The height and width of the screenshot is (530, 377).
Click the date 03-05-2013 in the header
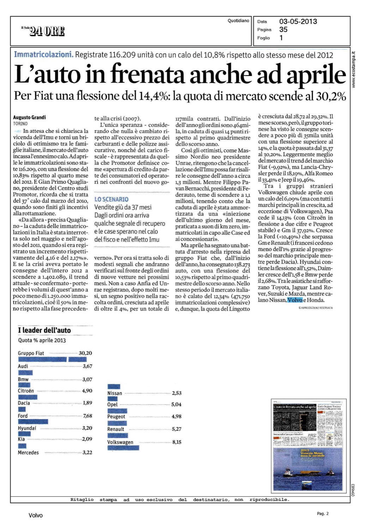click(x=298, y=22)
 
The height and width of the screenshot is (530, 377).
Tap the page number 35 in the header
click(x=283, y=30)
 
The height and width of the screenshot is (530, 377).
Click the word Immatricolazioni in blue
click(x=43, y=54)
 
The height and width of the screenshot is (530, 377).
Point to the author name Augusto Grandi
click(x=29, y=117)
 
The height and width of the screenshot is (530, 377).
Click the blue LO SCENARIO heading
click(x=111, y=199)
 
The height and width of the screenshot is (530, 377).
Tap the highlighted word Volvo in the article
click(x=295, y=300)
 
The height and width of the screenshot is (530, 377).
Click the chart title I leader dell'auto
click(x=44, y=330)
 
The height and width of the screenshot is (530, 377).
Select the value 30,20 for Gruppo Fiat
click(x=85, y=353)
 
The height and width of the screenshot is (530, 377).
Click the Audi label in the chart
click(x=23, y=366)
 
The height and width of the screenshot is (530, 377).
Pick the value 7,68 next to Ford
click(x=87, y=416)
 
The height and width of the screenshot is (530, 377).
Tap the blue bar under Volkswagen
click(x=123, y=448)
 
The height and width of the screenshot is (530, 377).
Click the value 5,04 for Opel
click(x=176, y=405)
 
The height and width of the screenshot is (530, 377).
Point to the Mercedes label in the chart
click(x=28, y=453)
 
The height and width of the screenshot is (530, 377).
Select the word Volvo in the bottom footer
click(x=36, y=516)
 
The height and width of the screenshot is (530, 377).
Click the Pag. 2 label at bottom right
click(x=323, y=513)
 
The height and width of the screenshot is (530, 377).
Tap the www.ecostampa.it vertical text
click(x=354, y=70)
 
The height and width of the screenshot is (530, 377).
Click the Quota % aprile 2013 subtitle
click(x=42, y=340)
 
